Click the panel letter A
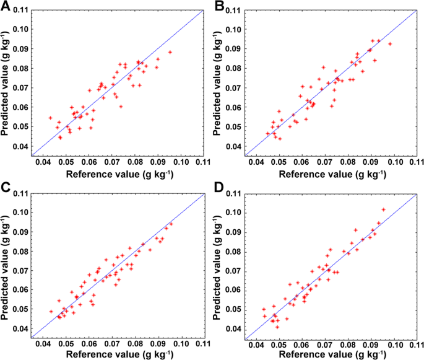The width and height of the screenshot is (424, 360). coord(5,6)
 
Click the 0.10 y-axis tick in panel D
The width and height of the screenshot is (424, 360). coord(230,213)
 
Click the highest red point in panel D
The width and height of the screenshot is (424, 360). coord(383,209)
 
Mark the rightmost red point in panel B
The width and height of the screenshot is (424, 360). coord(390,43)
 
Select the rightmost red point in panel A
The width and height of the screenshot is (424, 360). coord(170,52)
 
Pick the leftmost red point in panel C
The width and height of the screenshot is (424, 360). coord(51,311)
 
